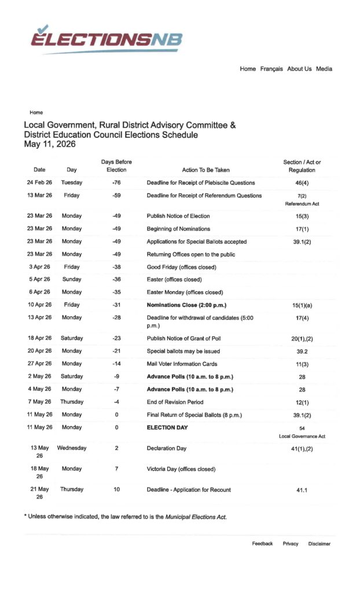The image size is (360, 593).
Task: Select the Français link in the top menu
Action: tap(271, 69)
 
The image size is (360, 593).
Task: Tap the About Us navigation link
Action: tap(299, 69)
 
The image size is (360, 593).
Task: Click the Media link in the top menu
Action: tap(324, 69)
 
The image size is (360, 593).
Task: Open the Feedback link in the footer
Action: tap(262, 544)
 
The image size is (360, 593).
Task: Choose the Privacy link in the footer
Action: tap(291, 544)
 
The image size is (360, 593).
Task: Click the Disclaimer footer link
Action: tap(319, 544)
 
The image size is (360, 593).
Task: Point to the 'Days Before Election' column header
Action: tap(116, 166)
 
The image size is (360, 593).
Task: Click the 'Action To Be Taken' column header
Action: tap(205, 170)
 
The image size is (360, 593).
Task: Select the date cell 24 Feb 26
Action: tap(39, 183)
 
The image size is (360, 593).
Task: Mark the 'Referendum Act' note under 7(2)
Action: tap(302, 204)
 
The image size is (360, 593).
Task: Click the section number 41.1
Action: tap(302, 490)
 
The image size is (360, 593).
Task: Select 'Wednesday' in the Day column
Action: tap(72, 448)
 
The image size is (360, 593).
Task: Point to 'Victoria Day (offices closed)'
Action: tap(181, 469)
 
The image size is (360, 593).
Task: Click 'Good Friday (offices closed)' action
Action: tap(181, 267)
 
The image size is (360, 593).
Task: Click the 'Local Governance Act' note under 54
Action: tap(302, 436)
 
